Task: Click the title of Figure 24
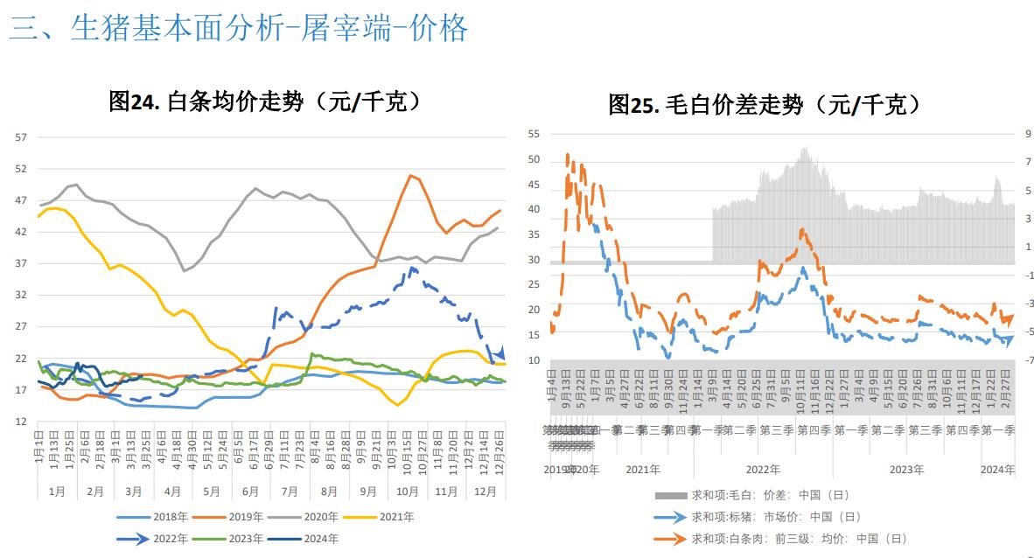pos(265,101)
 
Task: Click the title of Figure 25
pos(765,105)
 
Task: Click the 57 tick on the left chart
pos(21,137)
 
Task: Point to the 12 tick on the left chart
pos(21,422)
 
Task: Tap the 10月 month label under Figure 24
pos(408,492)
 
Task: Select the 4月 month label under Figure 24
pos(172,492)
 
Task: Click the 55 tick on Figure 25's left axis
pos(534,134)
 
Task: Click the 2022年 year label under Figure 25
pos(764,470)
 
